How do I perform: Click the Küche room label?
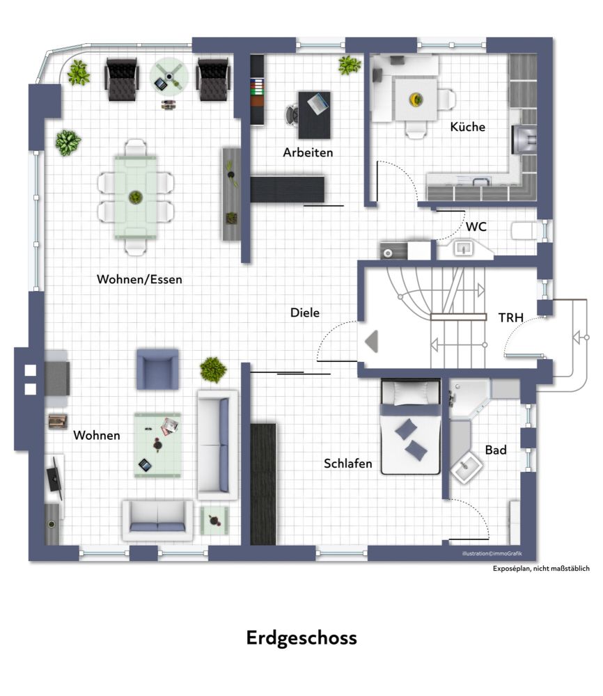[x=468, y=127]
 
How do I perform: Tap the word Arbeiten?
[x=308, y=152]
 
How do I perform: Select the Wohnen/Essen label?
[x=139, y=280]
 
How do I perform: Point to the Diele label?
[x=304, y=313]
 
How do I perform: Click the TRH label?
[x=510, y=318]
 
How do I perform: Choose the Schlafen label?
[x=347, y=464]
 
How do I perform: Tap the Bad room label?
[x=496, y=450]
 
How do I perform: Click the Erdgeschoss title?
[x=301, y=638]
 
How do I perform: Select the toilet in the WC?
[x=526, y=231]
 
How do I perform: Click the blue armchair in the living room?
[x=157, y=370]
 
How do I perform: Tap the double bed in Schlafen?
[x=411, y=427]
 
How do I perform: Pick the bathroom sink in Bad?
[x=467, y=467]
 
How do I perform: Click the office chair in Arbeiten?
[x=292, y=116]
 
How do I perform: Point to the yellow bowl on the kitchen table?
[x=416, y=99]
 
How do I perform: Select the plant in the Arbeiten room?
[x=350, y=65]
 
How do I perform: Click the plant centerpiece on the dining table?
[x=135, y=197]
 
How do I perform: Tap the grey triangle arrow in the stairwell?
[x=372, y=342]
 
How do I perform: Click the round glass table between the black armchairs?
[x=169, y=77]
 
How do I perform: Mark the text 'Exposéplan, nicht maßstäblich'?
[x=541, y=569]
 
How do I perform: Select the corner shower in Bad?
[x=468, y=397]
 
